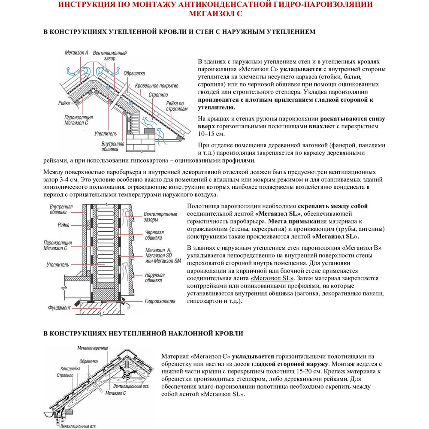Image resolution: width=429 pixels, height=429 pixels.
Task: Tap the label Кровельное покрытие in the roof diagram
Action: [153, 86]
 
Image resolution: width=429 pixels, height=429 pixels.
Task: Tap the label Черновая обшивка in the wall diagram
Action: [153, 234]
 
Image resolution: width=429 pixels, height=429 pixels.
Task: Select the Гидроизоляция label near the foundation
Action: [160, 302]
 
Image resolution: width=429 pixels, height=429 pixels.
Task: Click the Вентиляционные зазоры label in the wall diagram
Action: [160, 217]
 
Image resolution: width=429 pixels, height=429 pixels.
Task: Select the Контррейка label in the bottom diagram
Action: [71, 369]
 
